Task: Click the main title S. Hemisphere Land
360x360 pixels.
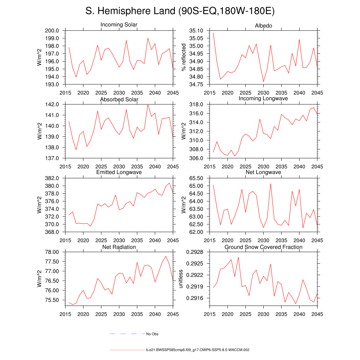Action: (x=180, y=11)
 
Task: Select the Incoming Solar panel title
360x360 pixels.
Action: (x=119, y=25)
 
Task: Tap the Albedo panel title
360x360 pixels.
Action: (x=263, y=26)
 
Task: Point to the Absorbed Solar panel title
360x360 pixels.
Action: (x=119, y=99)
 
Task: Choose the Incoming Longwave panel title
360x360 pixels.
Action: (x=263, y=98)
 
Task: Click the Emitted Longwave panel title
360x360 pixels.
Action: (x=119, y=172)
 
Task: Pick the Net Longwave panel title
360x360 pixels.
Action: (x=263, y=172)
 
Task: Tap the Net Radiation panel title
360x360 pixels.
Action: (x=119, y=247)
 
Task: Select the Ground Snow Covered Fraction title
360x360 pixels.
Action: (x=263, y=247)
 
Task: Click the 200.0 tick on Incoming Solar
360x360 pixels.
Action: (x=53, y=31)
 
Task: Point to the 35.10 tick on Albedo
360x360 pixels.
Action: (x=196, y=31)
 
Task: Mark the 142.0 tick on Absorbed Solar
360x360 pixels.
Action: (x=53, y=104)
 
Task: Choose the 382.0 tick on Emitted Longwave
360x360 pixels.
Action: (x=53, y=178)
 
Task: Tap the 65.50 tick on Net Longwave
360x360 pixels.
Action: (x=196, y=178)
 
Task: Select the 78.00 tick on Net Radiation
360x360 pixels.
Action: (x=53, y=252)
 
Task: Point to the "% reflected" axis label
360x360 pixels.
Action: (x=183, y=57)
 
